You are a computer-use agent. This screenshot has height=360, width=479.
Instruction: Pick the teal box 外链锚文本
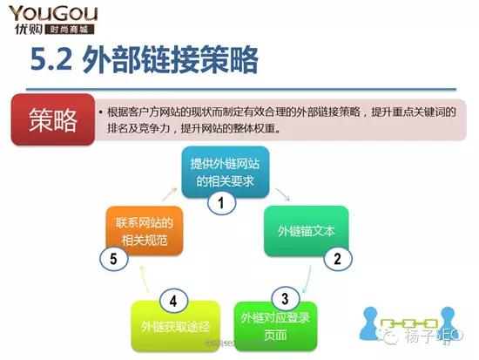tap(306, 231)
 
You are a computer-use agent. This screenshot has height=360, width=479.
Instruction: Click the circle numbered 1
tap(221, 204)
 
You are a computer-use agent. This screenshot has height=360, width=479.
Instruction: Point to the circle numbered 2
tap(337, 257)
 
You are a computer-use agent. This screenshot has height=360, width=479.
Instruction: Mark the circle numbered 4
tap(174, 301)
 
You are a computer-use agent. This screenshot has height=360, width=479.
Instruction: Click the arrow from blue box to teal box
tap(280, 191)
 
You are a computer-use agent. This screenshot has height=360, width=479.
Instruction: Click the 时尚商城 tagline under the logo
tap(69, 29)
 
